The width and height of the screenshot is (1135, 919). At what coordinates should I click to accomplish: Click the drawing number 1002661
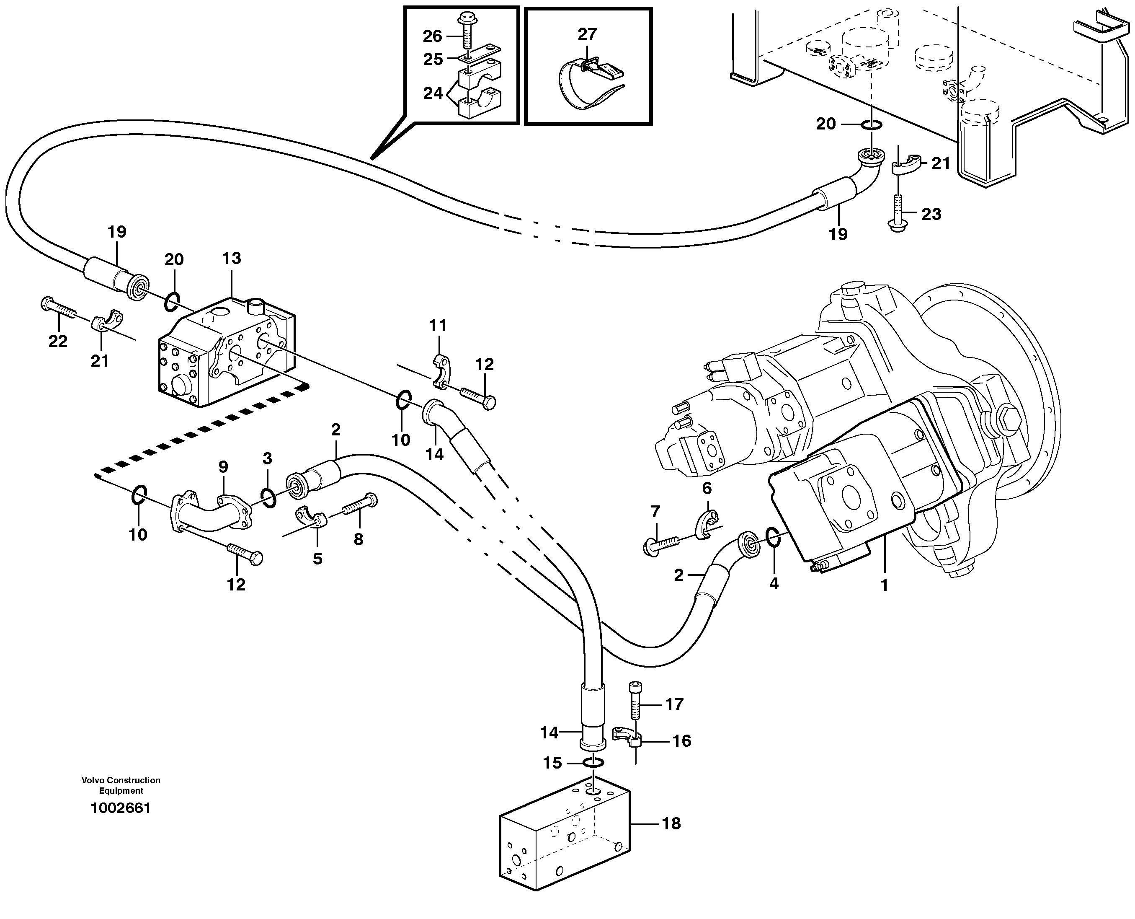click(x=121, y=808)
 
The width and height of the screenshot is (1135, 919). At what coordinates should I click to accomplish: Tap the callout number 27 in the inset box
click(x=587, y=34)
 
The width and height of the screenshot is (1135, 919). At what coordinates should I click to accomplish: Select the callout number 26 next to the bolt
click(x=432, y=36)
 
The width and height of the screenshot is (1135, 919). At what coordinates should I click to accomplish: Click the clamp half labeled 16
click(x=627, y=736)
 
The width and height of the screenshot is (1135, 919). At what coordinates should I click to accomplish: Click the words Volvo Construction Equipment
click(x=121, y=785)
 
